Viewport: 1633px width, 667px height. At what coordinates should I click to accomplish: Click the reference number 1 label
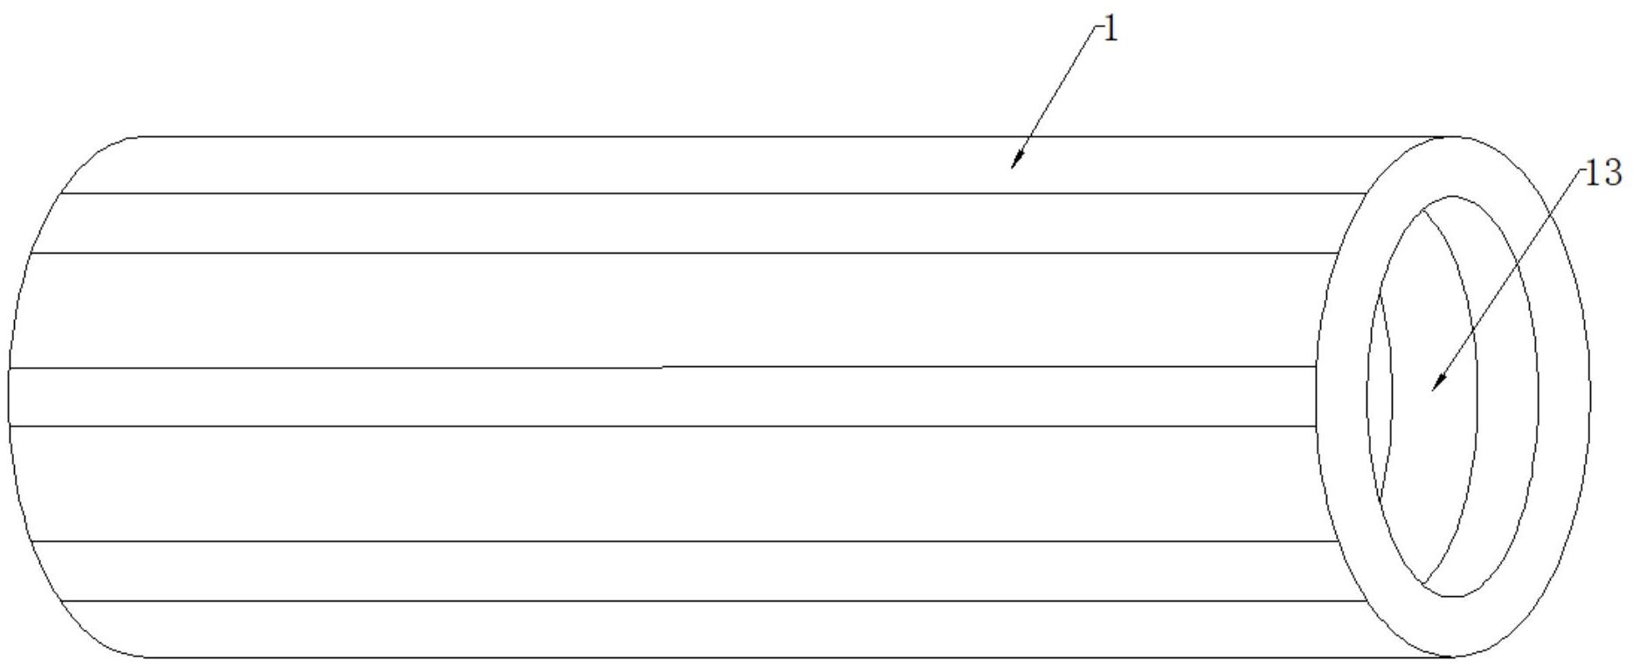pos(1111,31)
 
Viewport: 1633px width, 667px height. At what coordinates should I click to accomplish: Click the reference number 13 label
pos(1603,173)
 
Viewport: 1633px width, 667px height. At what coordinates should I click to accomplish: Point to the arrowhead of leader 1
pos(1014,163)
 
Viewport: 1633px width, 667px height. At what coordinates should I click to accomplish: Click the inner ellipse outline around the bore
pos(1538,393)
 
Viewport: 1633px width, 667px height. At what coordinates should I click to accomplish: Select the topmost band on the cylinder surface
pos(699,164)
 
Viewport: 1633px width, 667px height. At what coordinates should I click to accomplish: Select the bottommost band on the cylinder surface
pos(699,629)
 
